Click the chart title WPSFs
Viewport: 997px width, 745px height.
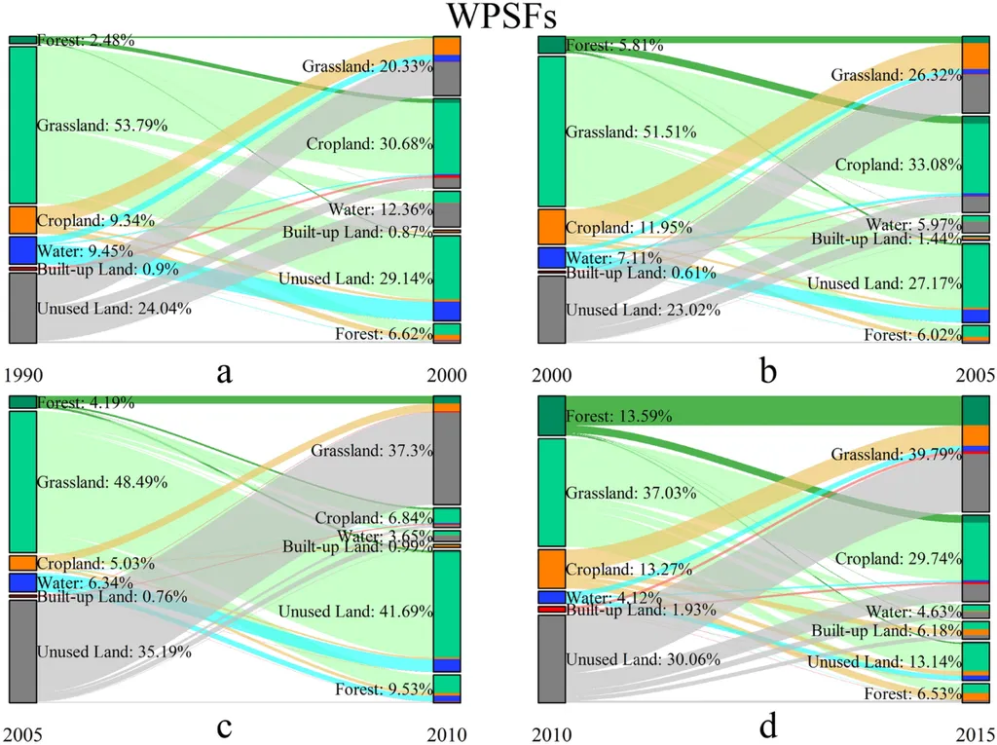point(498,17)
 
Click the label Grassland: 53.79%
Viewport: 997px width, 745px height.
point(102,126)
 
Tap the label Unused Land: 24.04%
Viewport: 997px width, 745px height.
point(113,309)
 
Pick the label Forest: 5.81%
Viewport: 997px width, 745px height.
point(614,45)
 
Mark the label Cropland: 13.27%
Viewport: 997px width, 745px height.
point(628,569)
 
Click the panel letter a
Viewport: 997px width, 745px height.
point(225,372)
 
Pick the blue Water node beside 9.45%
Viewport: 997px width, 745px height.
point(22,250)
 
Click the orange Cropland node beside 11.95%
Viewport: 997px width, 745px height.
point(551,227)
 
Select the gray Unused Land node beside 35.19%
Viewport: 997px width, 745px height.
point(22,651)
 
